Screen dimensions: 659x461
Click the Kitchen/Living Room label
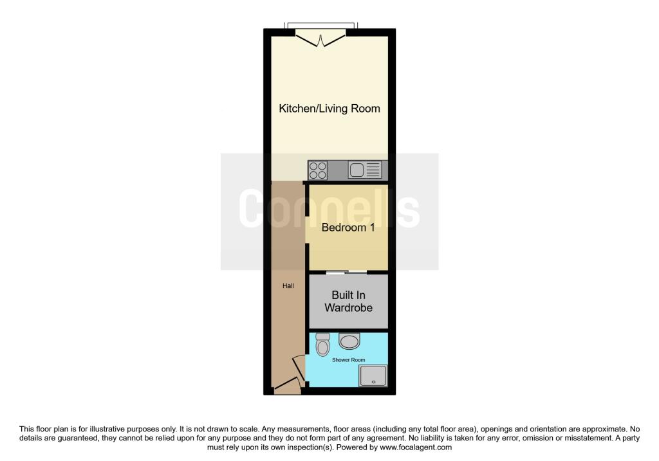click(x=329, y=108)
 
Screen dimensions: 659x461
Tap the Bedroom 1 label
click(x=348, y=228)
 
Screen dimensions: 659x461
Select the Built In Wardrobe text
click(x=348, y=302)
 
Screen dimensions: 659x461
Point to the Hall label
click(x=288, y=286)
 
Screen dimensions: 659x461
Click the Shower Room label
click(x=348, y=360)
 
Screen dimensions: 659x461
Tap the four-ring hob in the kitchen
click(x=318, y=170)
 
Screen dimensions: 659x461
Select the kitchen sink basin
click(x=357, y=170)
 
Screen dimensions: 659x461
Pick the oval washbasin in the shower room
click(x=349, y=341)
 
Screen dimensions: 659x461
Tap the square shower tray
click(x=373, y=375)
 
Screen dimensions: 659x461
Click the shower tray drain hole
click(x=373, y=382)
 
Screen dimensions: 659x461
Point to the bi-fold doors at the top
click(x=320, y=39)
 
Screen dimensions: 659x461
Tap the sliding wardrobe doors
click(x=347, y=273)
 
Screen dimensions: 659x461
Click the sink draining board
click(x=373, y=170)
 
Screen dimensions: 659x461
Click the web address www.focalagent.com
click(x=416, y=447)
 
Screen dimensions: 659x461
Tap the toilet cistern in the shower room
click(x=323, y=336)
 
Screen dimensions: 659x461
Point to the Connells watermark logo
click(x=329, y=209)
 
